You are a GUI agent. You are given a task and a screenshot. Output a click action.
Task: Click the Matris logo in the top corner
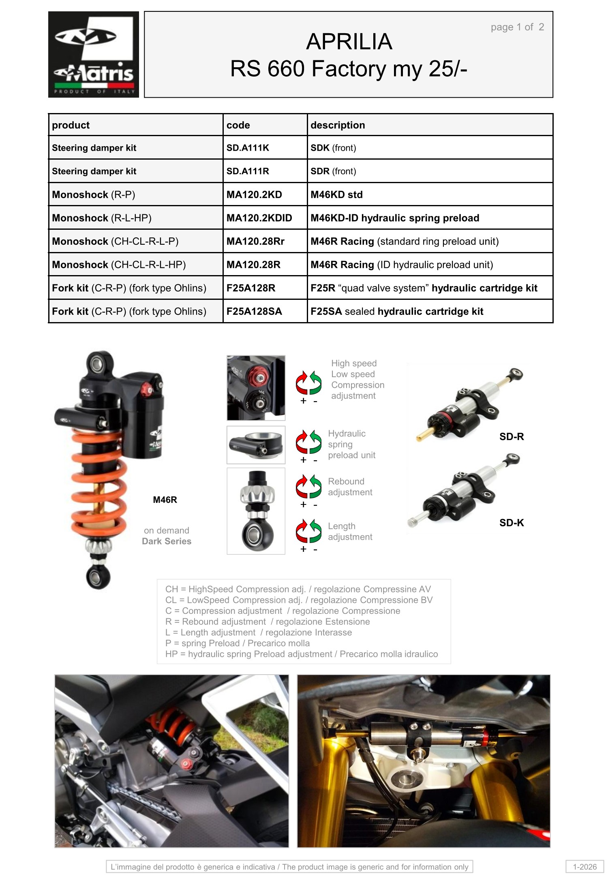(94, 54)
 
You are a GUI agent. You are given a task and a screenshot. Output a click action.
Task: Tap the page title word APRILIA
(349, 41)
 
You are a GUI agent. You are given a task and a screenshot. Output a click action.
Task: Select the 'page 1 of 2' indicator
(517, 27)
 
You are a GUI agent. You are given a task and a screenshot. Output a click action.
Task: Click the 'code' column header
(238, 125)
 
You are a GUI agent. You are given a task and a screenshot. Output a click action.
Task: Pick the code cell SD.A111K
(248, 148)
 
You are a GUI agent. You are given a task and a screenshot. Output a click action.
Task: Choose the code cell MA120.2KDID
(259, 218)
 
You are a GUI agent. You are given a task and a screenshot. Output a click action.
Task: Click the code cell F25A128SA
(254, 311)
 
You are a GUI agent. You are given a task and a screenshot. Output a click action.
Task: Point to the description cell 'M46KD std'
(336, 194)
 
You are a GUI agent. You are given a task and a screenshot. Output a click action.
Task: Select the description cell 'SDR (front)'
(333, 171)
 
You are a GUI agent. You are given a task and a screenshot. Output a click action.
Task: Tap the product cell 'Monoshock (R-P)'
(94, 194)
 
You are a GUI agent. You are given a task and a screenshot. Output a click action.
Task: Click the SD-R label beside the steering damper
(512, 436)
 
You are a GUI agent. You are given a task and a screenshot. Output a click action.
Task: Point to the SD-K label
(512, 523)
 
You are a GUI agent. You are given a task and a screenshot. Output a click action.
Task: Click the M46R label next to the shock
(165, 500)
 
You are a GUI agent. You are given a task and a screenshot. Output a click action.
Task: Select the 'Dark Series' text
(167, 541)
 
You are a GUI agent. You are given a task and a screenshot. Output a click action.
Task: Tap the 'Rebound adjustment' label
(350, 487)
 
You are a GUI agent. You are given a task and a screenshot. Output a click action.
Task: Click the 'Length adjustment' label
(350, 531)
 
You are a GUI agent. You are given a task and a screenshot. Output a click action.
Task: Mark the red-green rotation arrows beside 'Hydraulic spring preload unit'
(308, 442)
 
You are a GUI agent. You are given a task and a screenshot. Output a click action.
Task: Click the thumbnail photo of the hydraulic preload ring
(256, 445)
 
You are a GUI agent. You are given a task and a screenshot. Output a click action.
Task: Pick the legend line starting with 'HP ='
(302, 654)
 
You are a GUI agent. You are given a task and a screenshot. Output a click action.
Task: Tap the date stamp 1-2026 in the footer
(584, 867)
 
